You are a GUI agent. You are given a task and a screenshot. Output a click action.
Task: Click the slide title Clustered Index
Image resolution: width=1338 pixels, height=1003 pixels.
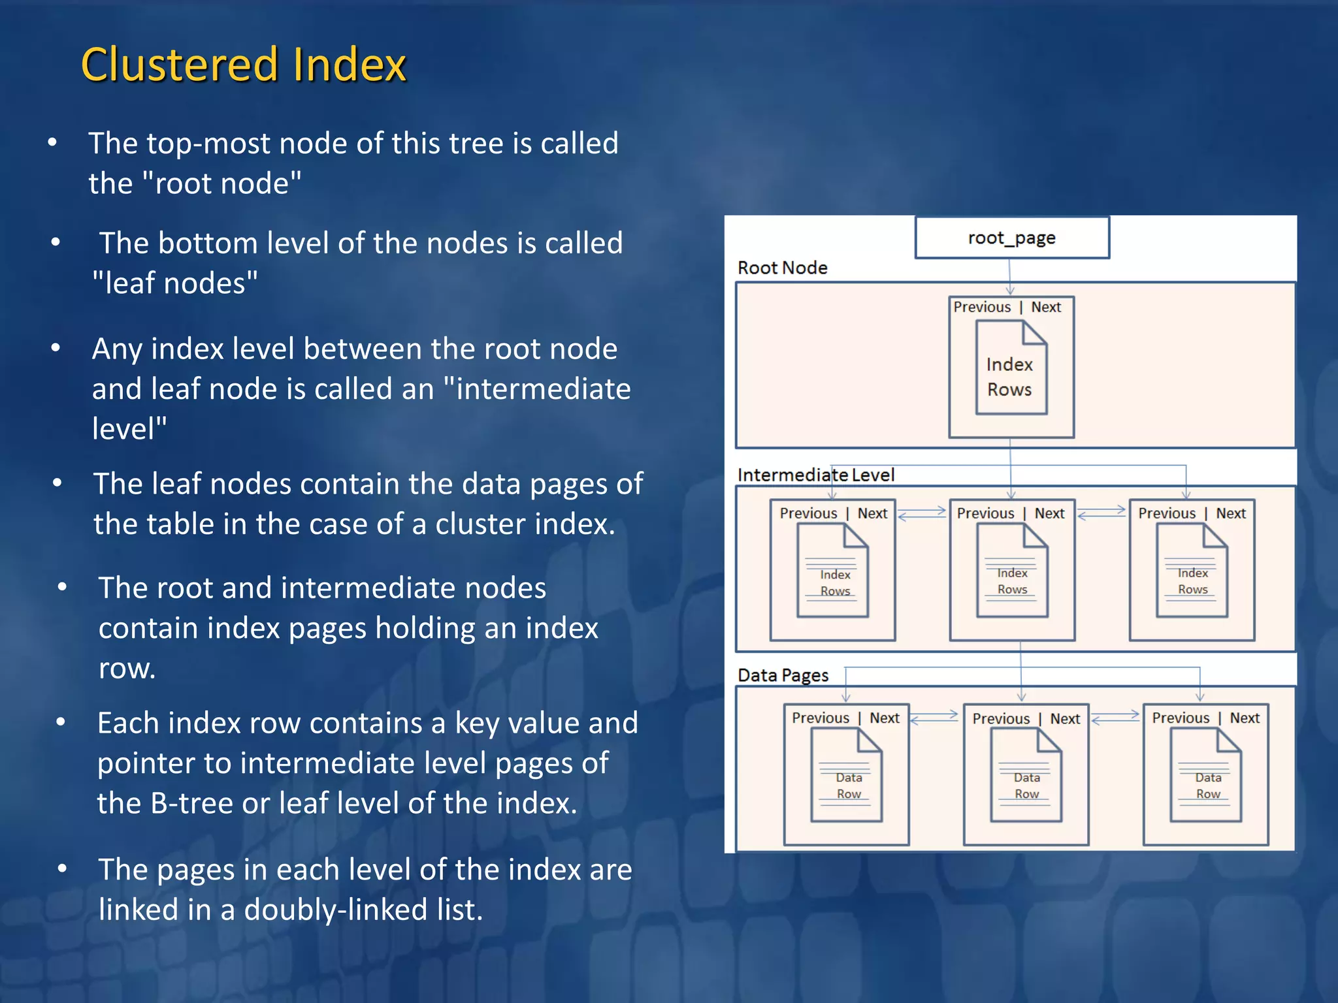click(x=243, y=65)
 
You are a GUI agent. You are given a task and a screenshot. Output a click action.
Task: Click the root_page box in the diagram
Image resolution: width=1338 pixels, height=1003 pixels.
click(x=1011, y=238)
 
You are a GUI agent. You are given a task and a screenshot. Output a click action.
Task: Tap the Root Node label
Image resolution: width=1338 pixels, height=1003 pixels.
click(x=782, y=268)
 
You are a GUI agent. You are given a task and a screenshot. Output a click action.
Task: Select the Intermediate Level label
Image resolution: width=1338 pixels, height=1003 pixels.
click(x=815, y=475)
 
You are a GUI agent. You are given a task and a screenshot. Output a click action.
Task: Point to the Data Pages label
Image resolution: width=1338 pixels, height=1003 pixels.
click(x=783, y=675)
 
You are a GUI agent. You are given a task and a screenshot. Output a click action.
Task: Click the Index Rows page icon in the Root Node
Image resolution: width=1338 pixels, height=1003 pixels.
click(x=1011, y=368)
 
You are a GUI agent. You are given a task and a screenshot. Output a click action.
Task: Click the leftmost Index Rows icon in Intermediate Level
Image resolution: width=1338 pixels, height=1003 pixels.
click(x=833, y=571)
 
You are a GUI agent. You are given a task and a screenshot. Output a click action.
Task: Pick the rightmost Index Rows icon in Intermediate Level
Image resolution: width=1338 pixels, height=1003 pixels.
click(x=1192, y=571)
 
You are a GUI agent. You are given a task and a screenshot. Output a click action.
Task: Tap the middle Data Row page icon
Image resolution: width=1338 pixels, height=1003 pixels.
click(x=1026, y=775)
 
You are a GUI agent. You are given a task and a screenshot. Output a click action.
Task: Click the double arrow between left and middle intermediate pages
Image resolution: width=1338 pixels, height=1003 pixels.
click(x=921, y=513)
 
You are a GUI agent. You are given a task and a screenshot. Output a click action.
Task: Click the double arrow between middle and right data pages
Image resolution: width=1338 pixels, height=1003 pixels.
click(x=1115, y=718)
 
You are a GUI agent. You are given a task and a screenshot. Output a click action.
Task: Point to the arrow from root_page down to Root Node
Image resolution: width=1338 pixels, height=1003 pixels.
click(x=1009, y=277)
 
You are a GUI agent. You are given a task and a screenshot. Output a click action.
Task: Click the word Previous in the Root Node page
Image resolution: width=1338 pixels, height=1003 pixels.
click(x=981, y=307)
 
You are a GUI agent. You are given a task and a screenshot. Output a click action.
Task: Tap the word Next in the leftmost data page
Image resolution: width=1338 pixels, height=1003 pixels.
click(x=885, y=718)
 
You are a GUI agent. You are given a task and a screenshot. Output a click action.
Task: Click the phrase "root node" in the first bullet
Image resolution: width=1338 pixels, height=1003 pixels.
click(x=221, y=183)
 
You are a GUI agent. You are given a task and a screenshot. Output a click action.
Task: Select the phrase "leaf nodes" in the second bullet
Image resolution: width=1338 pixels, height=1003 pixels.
click(x=175, y=283)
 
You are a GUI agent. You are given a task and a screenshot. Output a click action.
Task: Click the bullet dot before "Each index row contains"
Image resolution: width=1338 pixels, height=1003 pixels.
click(x=61, y=722)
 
